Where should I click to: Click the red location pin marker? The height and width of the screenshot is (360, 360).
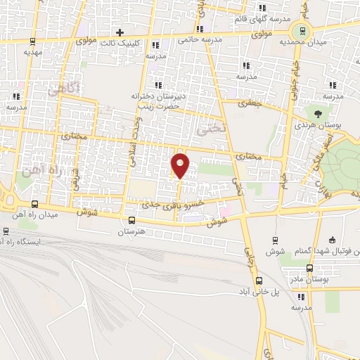[181, 165]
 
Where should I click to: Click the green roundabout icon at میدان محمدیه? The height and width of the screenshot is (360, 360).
[303, 31]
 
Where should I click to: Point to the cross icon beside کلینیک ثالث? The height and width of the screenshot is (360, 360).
[120, 32]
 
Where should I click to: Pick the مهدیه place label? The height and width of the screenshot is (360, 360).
[33, 52]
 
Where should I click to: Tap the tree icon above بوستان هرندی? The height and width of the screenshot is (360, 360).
[318, 112]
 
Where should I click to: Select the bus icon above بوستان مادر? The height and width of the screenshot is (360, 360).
[310, 268]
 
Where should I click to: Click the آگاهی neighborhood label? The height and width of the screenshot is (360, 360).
[64, 89]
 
